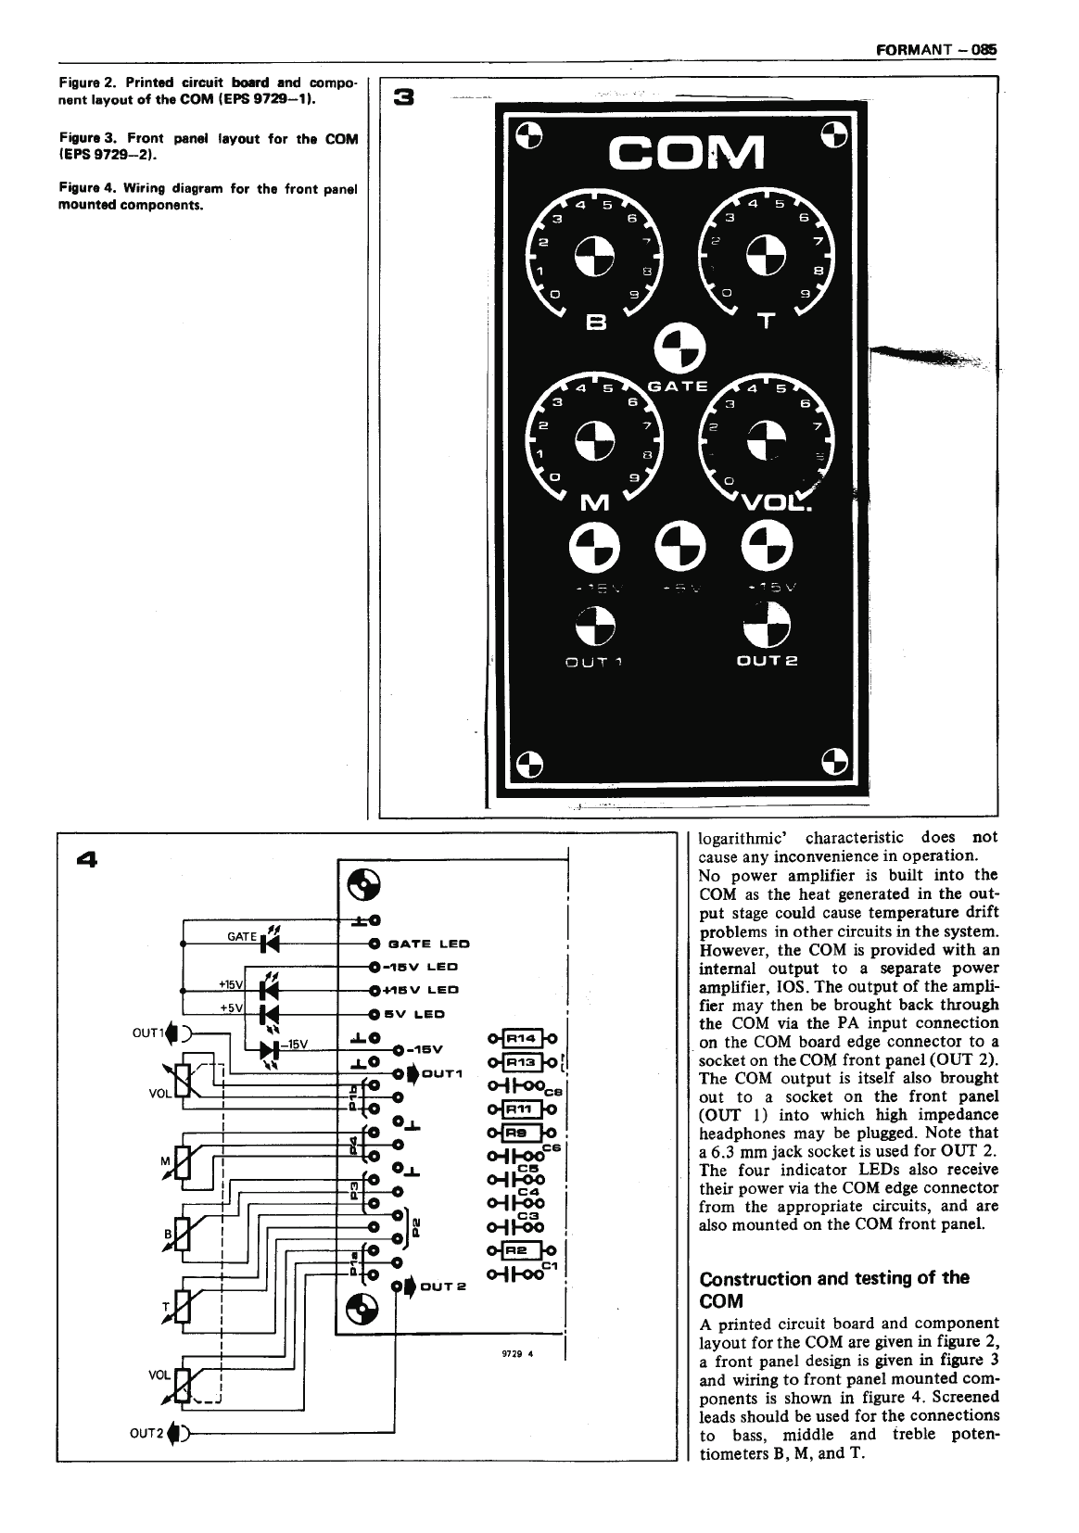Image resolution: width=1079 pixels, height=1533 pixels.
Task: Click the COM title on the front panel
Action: pos(684,153)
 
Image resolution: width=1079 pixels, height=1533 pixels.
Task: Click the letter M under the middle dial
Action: pos(591,503)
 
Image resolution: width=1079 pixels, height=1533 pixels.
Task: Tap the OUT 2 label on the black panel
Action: pos(767,661)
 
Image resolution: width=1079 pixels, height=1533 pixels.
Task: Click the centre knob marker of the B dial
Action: pos(593,258)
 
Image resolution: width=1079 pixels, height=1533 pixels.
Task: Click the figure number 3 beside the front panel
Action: pos(405,96)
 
